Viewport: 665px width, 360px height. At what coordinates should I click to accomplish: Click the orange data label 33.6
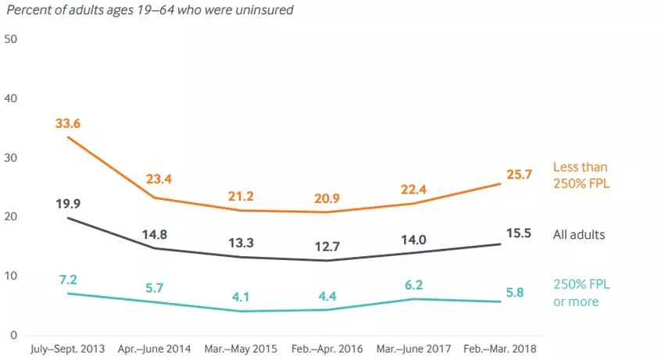click(x=68, y=123)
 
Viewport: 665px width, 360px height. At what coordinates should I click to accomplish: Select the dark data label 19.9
click(x=68, y=205)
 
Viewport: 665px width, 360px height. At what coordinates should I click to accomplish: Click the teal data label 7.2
click(x=68, y=279)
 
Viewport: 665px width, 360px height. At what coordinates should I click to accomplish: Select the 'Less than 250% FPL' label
click(x=580, y=174)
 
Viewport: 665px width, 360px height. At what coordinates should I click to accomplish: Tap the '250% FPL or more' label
click(x=580, y=294)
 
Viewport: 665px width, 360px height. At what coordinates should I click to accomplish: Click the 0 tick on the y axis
click(x=13, y=335)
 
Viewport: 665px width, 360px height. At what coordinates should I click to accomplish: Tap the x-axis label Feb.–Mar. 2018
click(x=500, y=348)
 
